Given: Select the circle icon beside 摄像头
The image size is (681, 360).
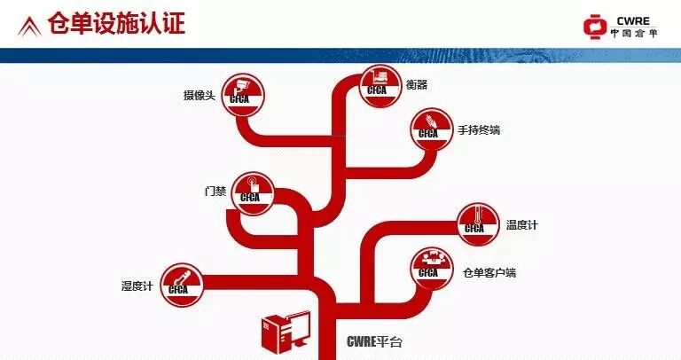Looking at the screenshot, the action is pos(239,91).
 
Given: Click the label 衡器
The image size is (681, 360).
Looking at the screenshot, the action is pos(416,84).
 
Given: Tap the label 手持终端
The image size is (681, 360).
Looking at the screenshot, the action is pos(479,130).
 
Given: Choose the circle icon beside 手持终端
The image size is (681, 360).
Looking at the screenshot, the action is pos(429,129).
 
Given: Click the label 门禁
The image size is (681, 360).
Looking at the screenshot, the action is pos(215,191).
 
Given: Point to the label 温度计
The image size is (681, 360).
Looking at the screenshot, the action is pos(521,224).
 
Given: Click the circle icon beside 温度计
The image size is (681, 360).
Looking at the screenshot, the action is pos(475,222).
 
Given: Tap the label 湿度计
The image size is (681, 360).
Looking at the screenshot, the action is pos(137,286).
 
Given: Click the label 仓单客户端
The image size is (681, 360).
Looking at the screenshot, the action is pos(489,272).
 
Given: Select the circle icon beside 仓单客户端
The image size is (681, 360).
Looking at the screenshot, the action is pos(429,267).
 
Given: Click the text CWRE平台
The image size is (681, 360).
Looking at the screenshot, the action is pos(374,340).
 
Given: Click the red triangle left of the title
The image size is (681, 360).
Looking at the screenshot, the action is pos(29,24).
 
